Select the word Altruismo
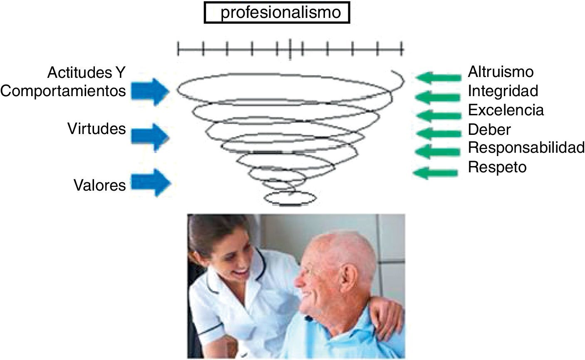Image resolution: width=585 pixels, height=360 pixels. (501, 72)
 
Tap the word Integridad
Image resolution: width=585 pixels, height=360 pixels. (503, 91)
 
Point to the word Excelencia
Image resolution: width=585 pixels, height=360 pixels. (506, 110)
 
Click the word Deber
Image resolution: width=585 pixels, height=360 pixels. (489, 129)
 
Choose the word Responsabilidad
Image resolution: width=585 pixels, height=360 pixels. (526, 148)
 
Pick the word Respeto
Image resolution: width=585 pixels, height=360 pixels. (497, 167)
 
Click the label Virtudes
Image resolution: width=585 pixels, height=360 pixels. (97, 129)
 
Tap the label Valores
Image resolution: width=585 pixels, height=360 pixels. (100, 185)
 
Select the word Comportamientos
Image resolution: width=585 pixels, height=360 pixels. (63, 91)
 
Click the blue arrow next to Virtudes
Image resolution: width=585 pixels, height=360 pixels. (150, 137)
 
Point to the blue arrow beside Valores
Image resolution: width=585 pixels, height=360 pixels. (151, 182)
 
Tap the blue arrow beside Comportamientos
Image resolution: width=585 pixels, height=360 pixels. (150, 92)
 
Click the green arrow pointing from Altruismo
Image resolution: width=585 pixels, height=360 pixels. (438, 77)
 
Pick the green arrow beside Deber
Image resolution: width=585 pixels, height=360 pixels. (437, 134)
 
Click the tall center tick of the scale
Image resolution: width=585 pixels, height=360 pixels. (290, 50)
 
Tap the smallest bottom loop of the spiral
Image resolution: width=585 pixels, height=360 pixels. (290, 199)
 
